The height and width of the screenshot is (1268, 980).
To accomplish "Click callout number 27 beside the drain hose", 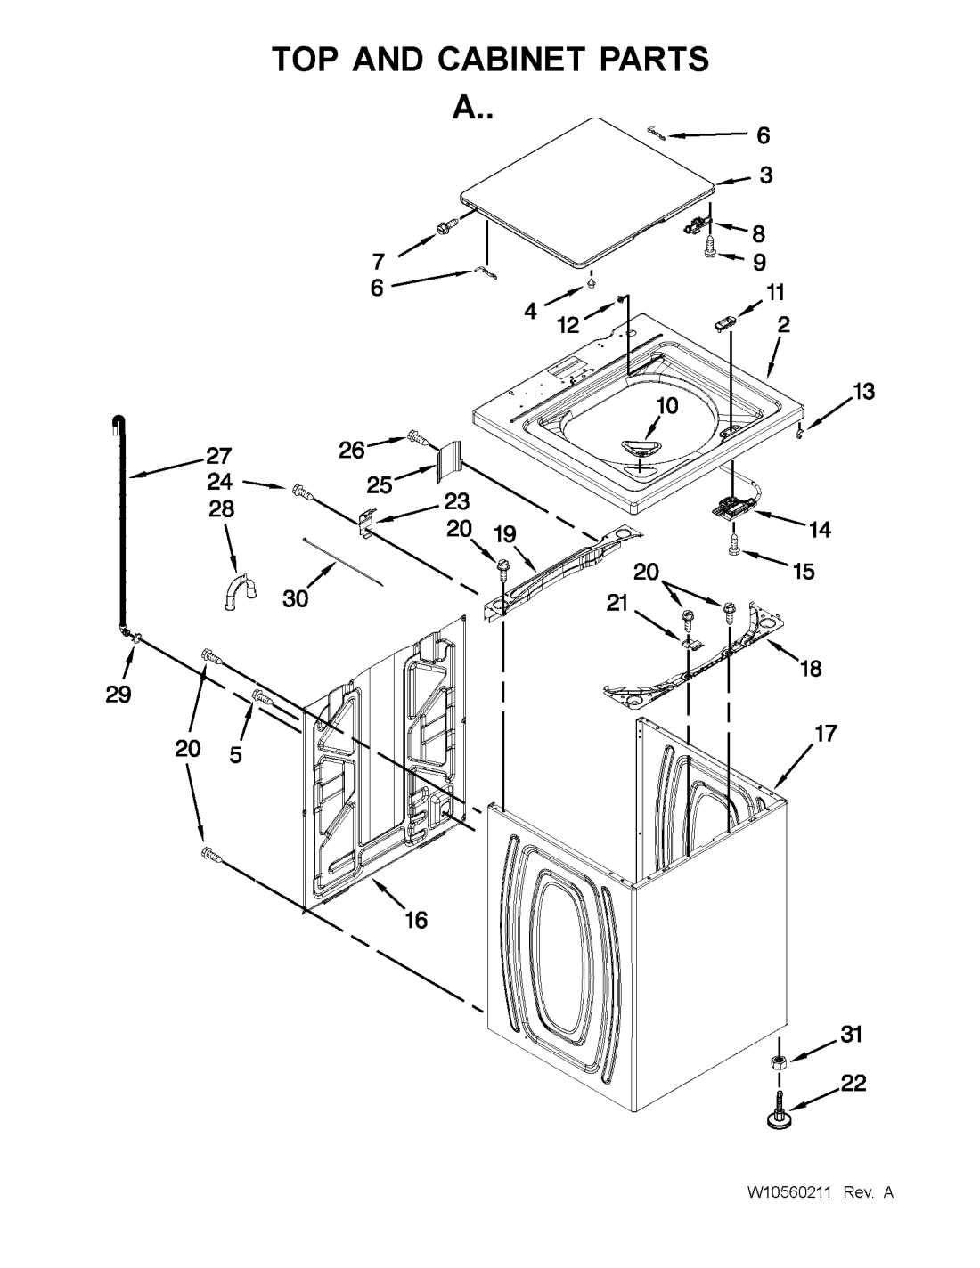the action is (219, 456).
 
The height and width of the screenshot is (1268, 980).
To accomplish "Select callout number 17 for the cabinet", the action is (826, 733).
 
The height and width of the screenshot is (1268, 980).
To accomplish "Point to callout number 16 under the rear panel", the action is (417, 920).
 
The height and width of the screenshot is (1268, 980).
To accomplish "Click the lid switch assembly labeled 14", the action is (734, 505).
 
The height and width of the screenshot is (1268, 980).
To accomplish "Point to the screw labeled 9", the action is (710, 247).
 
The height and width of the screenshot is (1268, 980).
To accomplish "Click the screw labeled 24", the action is (302, 492).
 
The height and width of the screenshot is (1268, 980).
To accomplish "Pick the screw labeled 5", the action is (263, 696).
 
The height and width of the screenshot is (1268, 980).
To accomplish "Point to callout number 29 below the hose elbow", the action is (118, 695).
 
